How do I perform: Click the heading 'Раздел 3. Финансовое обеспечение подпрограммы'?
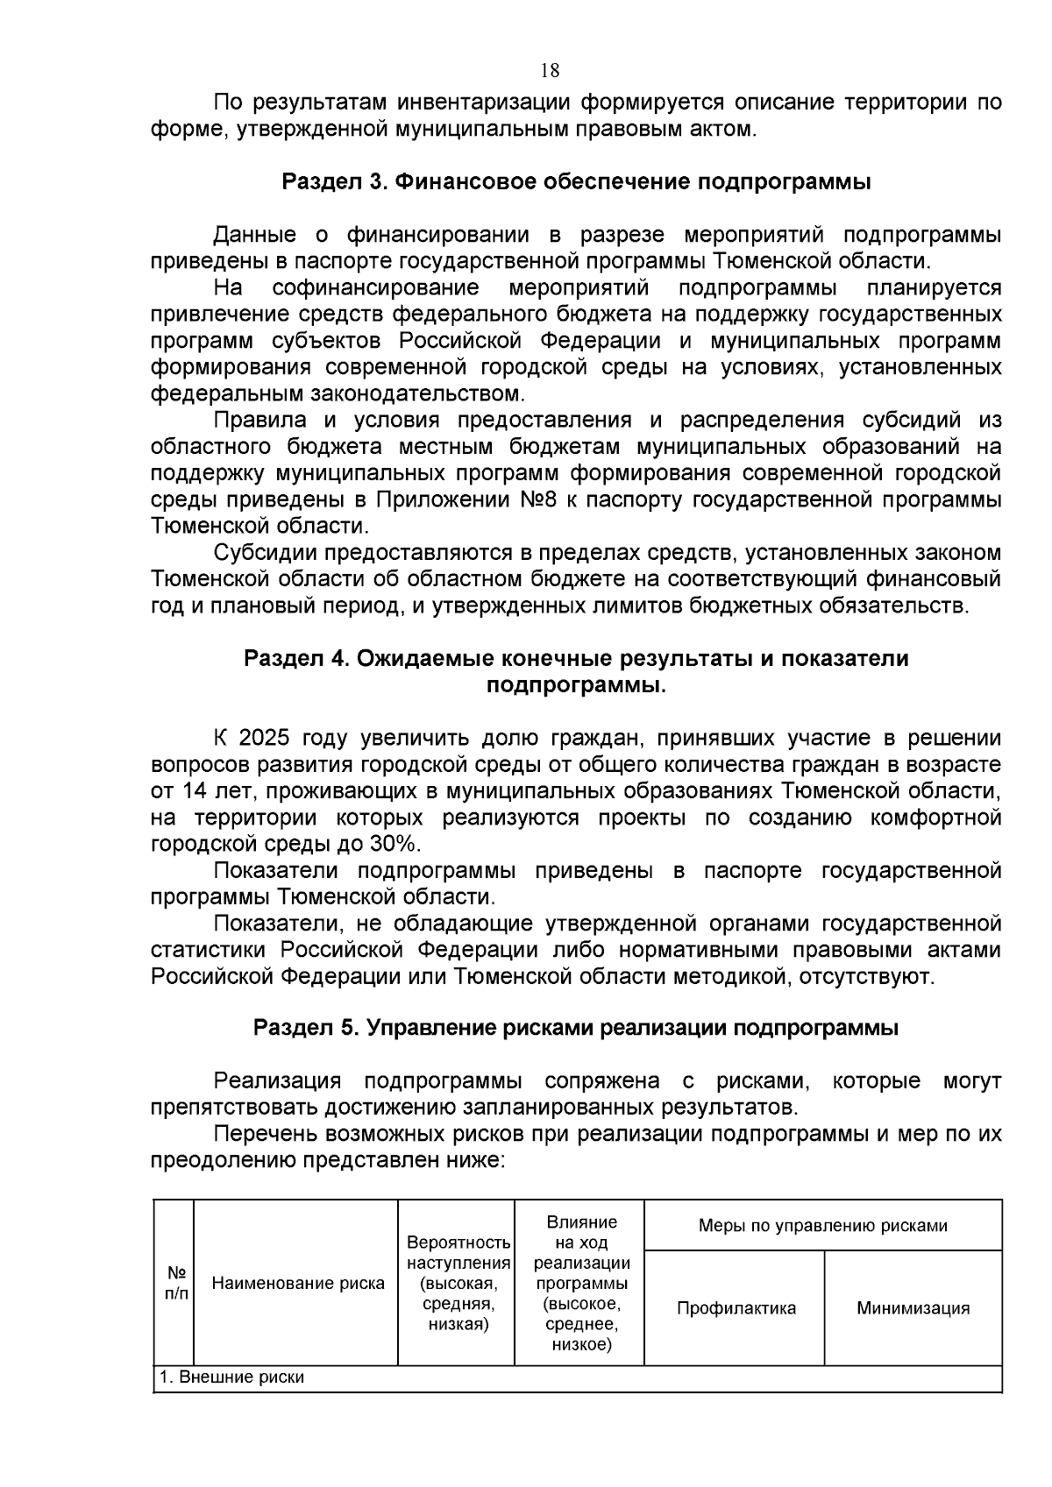pyautogui.click(x=576, y=182)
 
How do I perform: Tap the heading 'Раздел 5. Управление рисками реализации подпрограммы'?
pyautogui.click(x=576, y=1028)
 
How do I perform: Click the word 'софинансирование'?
pyautogui.click(x=375, y=288)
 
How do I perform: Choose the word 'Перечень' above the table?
pyautogui.click(x=266, y=1134)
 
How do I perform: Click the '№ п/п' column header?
pyautogui.click(x=174, y=1283)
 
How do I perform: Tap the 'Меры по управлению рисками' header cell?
pyautogui.click(x=822, y=1226)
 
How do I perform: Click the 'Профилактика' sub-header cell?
pyautogui.click(x=736, y=1308)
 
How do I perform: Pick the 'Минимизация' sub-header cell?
pyautogui.click(x=913, y=1308)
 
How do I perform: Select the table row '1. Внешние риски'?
pyautogui.click(x=231, y=1377)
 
